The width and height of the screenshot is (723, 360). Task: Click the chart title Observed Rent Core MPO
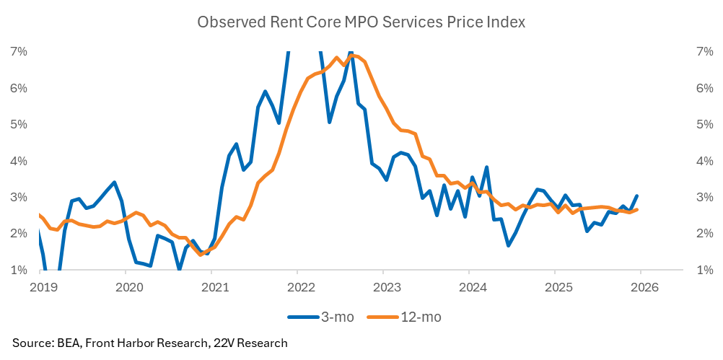click(x=361, y=22)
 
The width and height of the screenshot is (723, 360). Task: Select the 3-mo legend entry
click(x=323, y=316)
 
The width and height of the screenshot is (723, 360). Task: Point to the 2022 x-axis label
click(x=297, y=286)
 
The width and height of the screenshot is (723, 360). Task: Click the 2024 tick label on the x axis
click(x=468, y=286)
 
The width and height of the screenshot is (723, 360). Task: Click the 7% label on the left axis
click(x=19, y=51)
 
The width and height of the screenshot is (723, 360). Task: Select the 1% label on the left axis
click(x=19, y=270)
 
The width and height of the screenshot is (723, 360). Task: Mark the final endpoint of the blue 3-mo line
click(x=636, y=196)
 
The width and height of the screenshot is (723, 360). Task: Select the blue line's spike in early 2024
click(x=487, y=167)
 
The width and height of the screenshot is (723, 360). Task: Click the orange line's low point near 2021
click(x=201, y=255)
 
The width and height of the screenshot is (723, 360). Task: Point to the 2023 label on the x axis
click(x=382, y=286)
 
